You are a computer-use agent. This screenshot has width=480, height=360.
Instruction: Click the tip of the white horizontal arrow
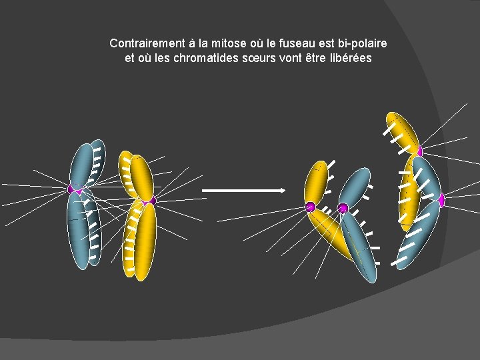point(283,191)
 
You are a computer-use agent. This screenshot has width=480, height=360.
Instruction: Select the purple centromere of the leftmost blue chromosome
point(75,189)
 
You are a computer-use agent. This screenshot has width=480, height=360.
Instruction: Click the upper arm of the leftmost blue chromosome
point(84,163)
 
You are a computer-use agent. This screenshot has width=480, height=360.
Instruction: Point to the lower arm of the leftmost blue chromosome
point(81,230)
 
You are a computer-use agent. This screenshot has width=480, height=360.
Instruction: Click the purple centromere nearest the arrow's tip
point(310,207)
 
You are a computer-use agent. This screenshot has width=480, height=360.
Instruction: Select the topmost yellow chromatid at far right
point(402,130)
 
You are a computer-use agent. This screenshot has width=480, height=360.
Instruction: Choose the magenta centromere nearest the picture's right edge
point(441,199)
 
